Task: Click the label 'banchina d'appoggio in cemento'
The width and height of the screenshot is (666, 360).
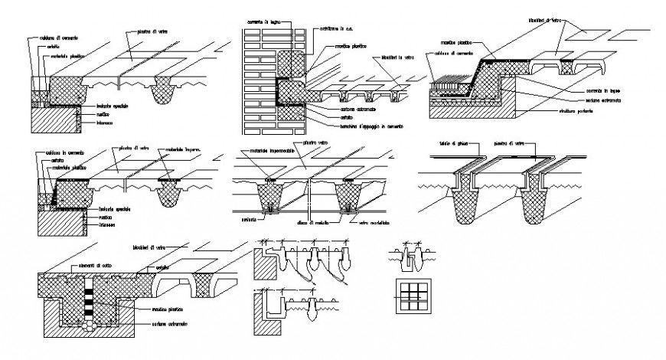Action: point(365,125)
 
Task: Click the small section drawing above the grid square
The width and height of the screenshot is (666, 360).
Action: point(412,257)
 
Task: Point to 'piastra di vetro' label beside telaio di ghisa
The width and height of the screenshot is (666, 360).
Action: point(508,145)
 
